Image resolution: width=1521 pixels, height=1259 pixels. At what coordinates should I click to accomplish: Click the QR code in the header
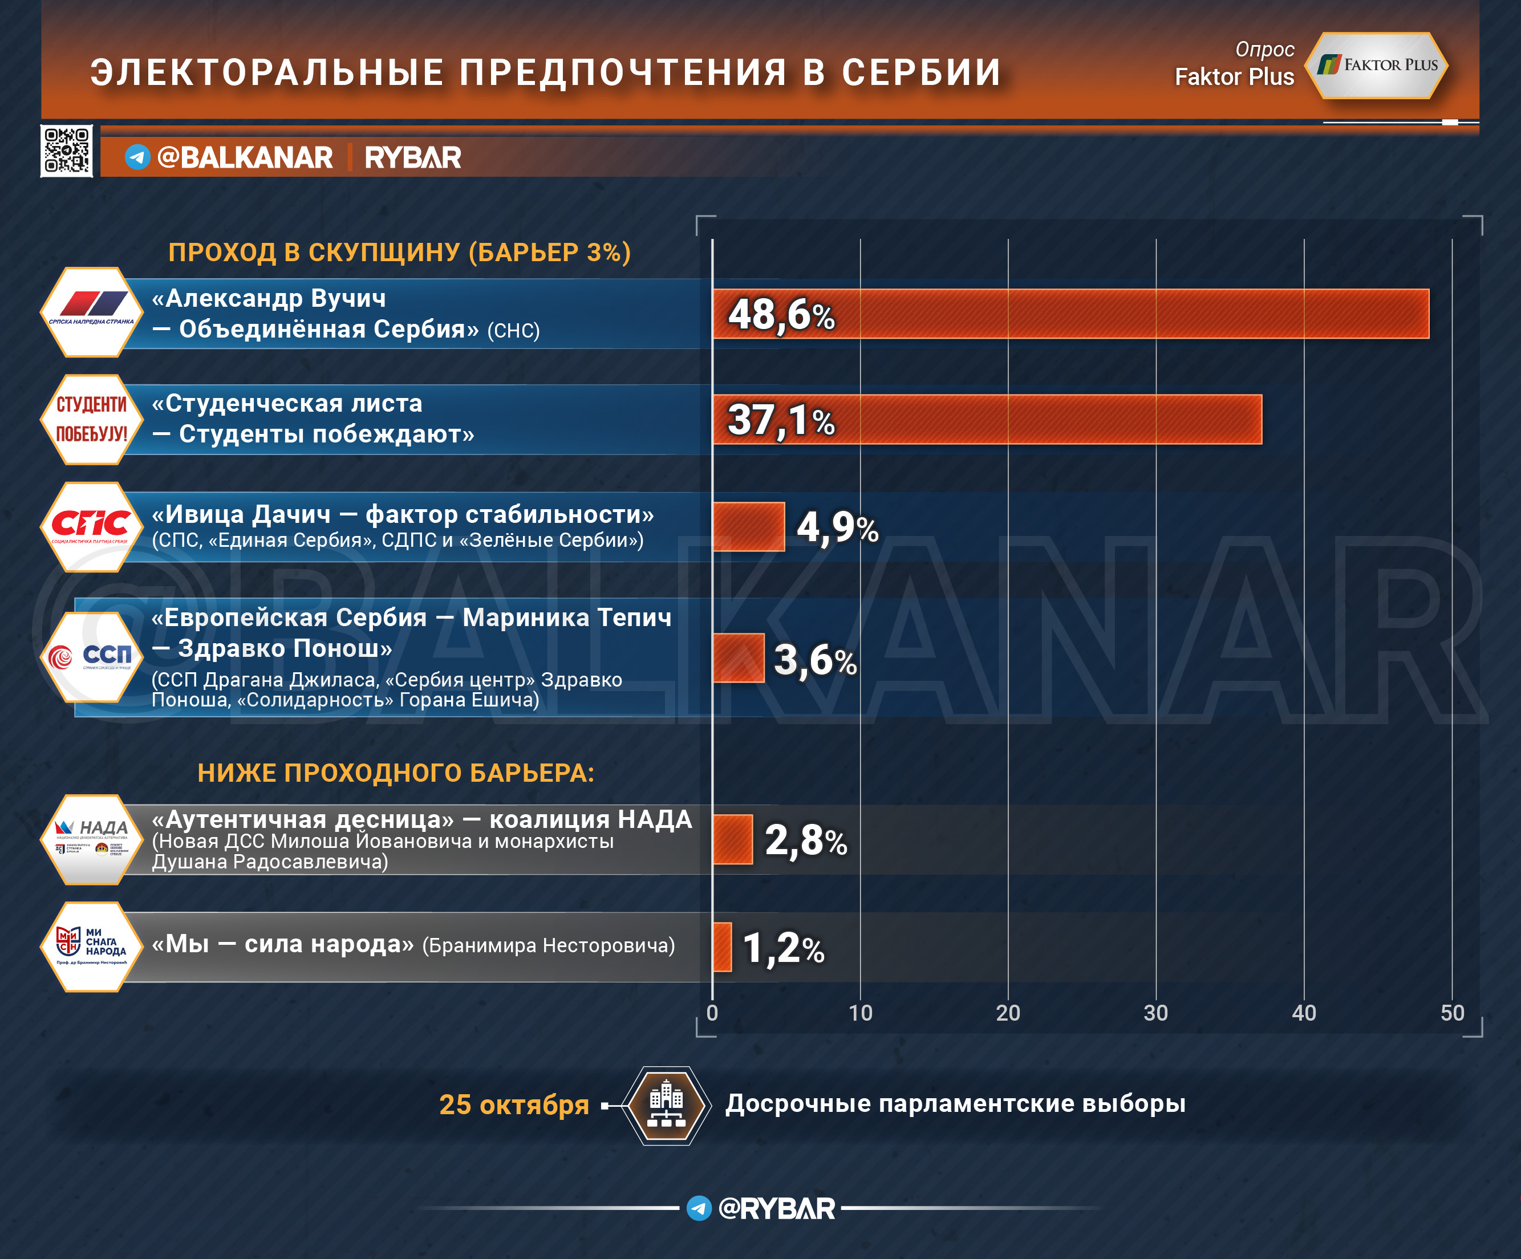(x=67, y=151)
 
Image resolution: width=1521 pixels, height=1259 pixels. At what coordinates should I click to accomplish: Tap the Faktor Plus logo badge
(x=1376, y=65)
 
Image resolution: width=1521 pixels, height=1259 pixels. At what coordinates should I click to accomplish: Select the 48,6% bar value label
(x=781, y=315)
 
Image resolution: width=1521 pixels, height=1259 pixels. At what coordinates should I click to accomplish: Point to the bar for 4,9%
(x=748, y=526)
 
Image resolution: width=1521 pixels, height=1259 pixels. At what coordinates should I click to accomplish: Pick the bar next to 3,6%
(x=738, y=658)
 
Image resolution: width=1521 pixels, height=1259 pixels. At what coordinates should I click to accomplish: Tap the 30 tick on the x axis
(x=1156, y=1013)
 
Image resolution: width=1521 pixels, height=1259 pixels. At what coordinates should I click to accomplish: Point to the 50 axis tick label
(x=1452, y=1013)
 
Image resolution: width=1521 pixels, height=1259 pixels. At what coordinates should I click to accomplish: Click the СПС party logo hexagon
(x=91, y=527)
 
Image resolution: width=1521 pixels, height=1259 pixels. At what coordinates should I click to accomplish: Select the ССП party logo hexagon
(x=91, y=657)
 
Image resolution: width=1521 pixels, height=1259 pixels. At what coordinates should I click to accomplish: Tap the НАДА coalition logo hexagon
(x=91, y=840)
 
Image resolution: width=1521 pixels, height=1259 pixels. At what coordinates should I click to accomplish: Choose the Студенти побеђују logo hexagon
(x=91, y=420)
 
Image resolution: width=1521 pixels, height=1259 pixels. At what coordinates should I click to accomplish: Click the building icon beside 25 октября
(x=666, y=1106)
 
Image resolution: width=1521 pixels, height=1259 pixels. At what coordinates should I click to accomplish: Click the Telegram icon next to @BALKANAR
(x=137, y=157)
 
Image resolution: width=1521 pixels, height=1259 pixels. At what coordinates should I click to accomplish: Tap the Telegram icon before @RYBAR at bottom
(x=699, y=1208)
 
